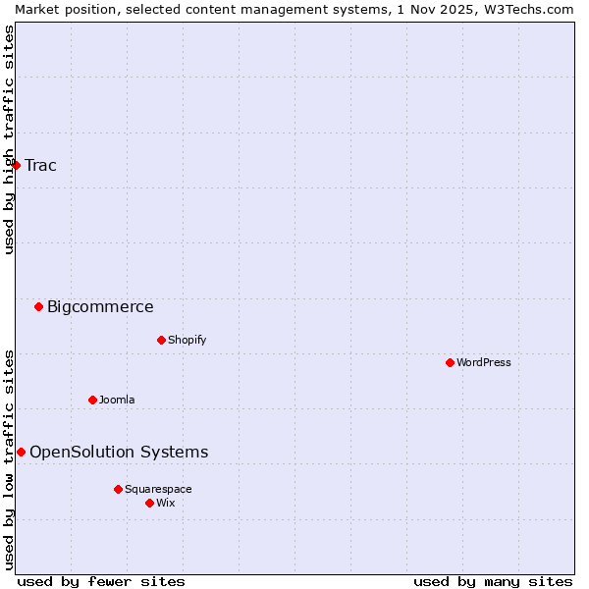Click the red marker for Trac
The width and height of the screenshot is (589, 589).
[x=17, y=165]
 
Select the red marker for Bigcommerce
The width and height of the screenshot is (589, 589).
[x=39, y=306]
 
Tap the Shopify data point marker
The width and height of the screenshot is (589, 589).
[x=162, y=340]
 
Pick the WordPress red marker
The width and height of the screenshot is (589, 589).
[x=451, y=362]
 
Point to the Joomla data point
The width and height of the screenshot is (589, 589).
[x=93, y=400]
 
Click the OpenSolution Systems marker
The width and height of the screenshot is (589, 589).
[x=22, y=452]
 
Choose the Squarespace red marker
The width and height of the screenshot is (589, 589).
[x=119, y=489]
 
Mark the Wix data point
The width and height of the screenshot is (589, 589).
[x=150, y=503]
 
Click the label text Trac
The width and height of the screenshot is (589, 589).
[x=41, y=165]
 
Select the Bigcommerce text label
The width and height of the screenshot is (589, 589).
[x=100, y=306]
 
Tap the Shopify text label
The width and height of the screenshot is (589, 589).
[x=187, y=340]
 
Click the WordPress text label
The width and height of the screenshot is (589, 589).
[x=484, y=362]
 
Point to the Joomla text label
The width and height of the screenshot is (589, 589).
[x=117, y=400]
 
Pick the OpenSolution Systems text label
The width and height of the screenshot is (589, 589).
[x=119, y=452]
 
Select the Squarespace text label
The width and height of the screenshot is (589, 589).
[x=158, y=489]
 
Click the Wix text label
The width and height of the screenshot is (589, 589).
[x=166, y=503]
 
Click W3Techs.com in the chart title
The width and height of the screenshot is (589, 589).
[x=530, y=9]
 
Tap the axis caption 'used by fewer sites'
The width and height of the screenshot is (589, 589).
[x=101, y=581]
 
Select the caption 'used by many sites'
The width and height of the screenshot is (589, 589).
[x=493, y=581]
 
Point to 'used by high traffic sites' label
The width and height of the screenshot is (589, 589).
[x=9, y=140]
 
